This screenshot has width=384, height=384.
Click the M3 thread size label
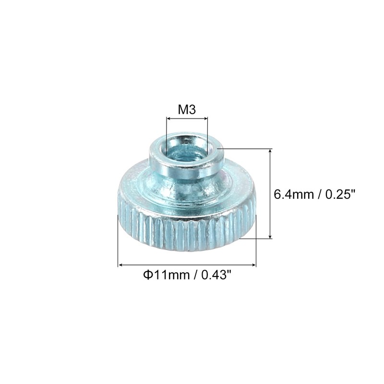click(x=187, y=109)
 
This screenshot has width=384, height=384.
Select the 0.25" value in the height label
click(x=340, y=195)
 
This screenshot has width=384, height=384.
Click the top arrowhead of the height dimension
click(x=271, y=152)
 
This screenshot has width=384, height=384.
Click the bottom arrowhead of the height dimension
click(x=271, y=235)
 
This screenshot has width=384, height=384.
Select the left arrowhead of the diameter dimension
click(x=121, y=264)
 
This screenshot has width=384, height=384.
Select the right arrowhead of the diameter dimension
click(x=253, y=264)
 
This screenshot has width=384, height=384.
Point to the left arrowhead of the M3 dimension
click(x=168, y=118)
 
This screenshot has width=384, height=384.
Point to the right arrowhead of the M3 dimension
click(x=205, y=118)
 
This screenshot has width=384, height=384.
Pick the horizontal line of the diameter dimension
click(x=187, y=264)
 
